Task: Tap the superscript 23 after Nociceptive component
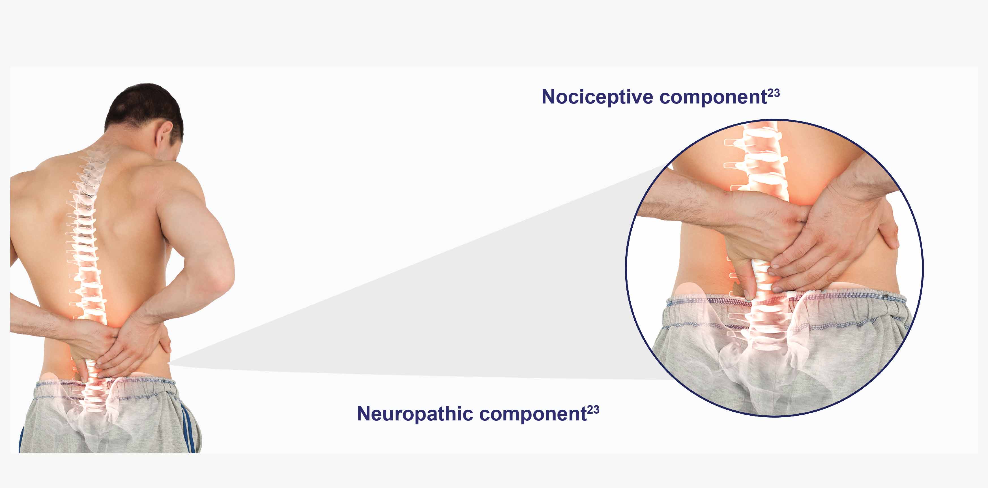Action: (x=774, y=93)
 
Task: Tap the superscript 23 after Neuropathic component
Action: (x=593, y=410)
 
